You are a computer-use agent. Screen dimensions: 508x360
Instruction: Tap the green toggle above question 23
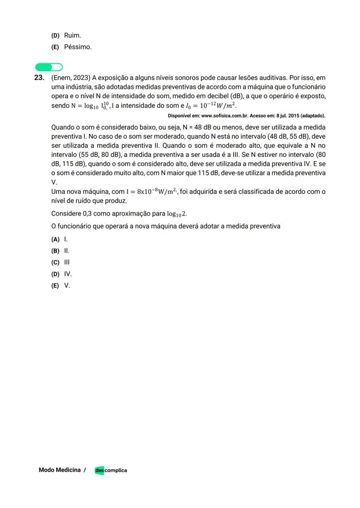(x=49, y=67)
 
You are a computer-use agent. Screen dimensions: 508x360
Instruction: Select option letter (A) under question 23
(x=55, y=239)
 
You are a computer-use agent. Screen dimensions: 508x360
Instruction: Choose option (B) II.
(x=60, y=251)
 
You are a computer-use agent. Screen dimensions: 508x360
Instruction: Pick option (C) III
(x=60, y=262)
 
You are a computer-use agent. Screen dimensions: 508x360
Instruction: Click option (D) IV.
(x=61, y=274)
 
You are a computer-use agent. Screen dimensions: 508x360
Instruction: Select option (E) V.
(x=60, y=286)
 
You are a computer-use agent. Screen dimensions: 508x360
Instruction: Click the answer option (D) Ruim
(x=66, y=35)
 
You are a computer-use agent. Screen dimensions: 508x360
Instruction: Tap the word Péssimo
(x=78, y=47)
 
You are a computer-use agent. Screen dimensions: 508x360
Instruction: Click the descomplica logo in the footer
(x=111, y=470)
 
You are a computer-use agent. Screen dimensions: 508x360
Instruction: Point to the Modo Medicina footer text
(x=60, y=470)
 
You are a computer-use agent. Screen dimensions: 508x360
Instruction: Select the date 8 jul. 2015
(x=290, y=116)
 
